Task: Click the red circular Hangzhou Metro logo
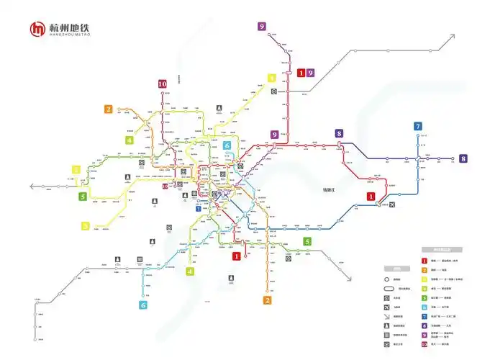click(37, 30)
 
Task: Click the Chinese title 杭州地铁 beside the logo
click(69, 27)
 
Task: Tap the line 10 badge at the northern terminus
click(163, 84)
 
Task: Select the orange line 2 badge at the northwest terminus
click(109, 109)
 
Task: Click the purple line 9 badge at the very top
click(262, 27)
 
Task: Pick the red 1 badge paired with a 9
click(301, 73)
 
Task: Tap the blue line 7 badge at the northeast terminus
click(418, 127)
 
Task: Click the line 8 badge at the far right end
click(463, 158)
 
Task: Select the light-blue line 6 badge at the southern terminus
click(143, 305)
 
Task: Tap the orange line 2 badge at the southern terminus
click(268, 300)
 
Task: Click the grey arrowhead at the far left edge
click(32, 186)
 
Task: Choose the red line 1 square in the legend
click(425, 260)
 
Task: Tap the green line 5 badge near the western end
click(83, 196)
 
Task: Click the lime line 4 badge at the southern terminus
click(190, 271)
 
